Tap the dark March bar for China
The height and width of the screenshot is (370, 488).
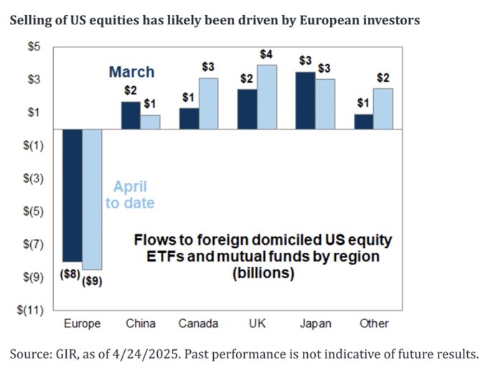131,116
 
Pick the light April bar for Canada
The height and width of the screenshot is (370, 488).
207,103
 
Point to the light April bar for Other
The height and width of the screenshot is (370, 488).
383,108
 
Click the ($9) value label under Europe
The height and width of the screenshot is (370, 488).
93,281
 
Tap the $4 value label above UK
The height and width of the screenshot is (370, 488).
266,55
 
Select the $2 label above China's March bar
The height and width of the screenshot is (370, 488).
130,91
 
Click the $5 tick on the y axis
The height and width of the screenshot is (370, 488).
34,47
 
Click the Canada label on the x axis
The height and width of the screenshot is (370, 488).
197,324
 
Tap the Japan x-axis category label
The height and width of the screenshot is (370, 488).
314,324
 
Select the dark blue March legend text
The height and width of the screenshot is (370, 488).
131,71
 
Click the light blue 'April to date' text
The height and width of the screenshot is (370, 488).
130,195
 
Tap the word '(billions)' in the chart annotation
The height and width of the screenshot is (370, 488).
263,273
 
